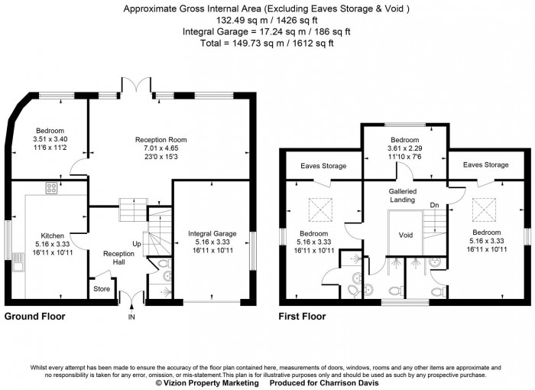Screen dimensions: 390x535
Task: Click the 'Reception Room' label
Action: point(160,140)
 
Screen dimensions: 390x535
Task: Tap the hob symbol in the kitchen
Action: point(52,188)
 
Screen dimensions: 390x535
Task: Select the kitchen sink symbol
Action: point(17,265)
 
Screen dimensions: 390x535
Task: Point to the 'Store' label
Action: point(102,289)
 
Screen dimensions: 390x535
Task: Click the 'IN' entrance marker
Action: point(131,316)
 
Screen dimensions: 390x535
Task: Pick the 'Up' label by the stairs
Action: point(138,244)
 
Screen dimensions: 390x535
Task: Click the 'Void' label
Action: point(405,235)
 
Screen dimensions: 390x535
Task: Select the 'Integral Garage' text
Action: point(212,232)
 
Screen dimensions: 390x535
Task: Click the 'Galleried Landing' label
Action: point(402,195)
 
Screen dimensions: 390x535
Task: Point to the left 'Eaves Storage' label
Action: point(323,165)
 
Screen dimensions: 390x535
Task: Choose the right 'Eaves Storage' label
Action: point(485,164)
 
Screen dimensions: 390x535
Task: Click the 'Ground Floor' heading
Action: point(34,316)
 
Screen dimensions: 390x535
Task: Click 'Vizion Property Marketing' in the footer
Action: point(203,383)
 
